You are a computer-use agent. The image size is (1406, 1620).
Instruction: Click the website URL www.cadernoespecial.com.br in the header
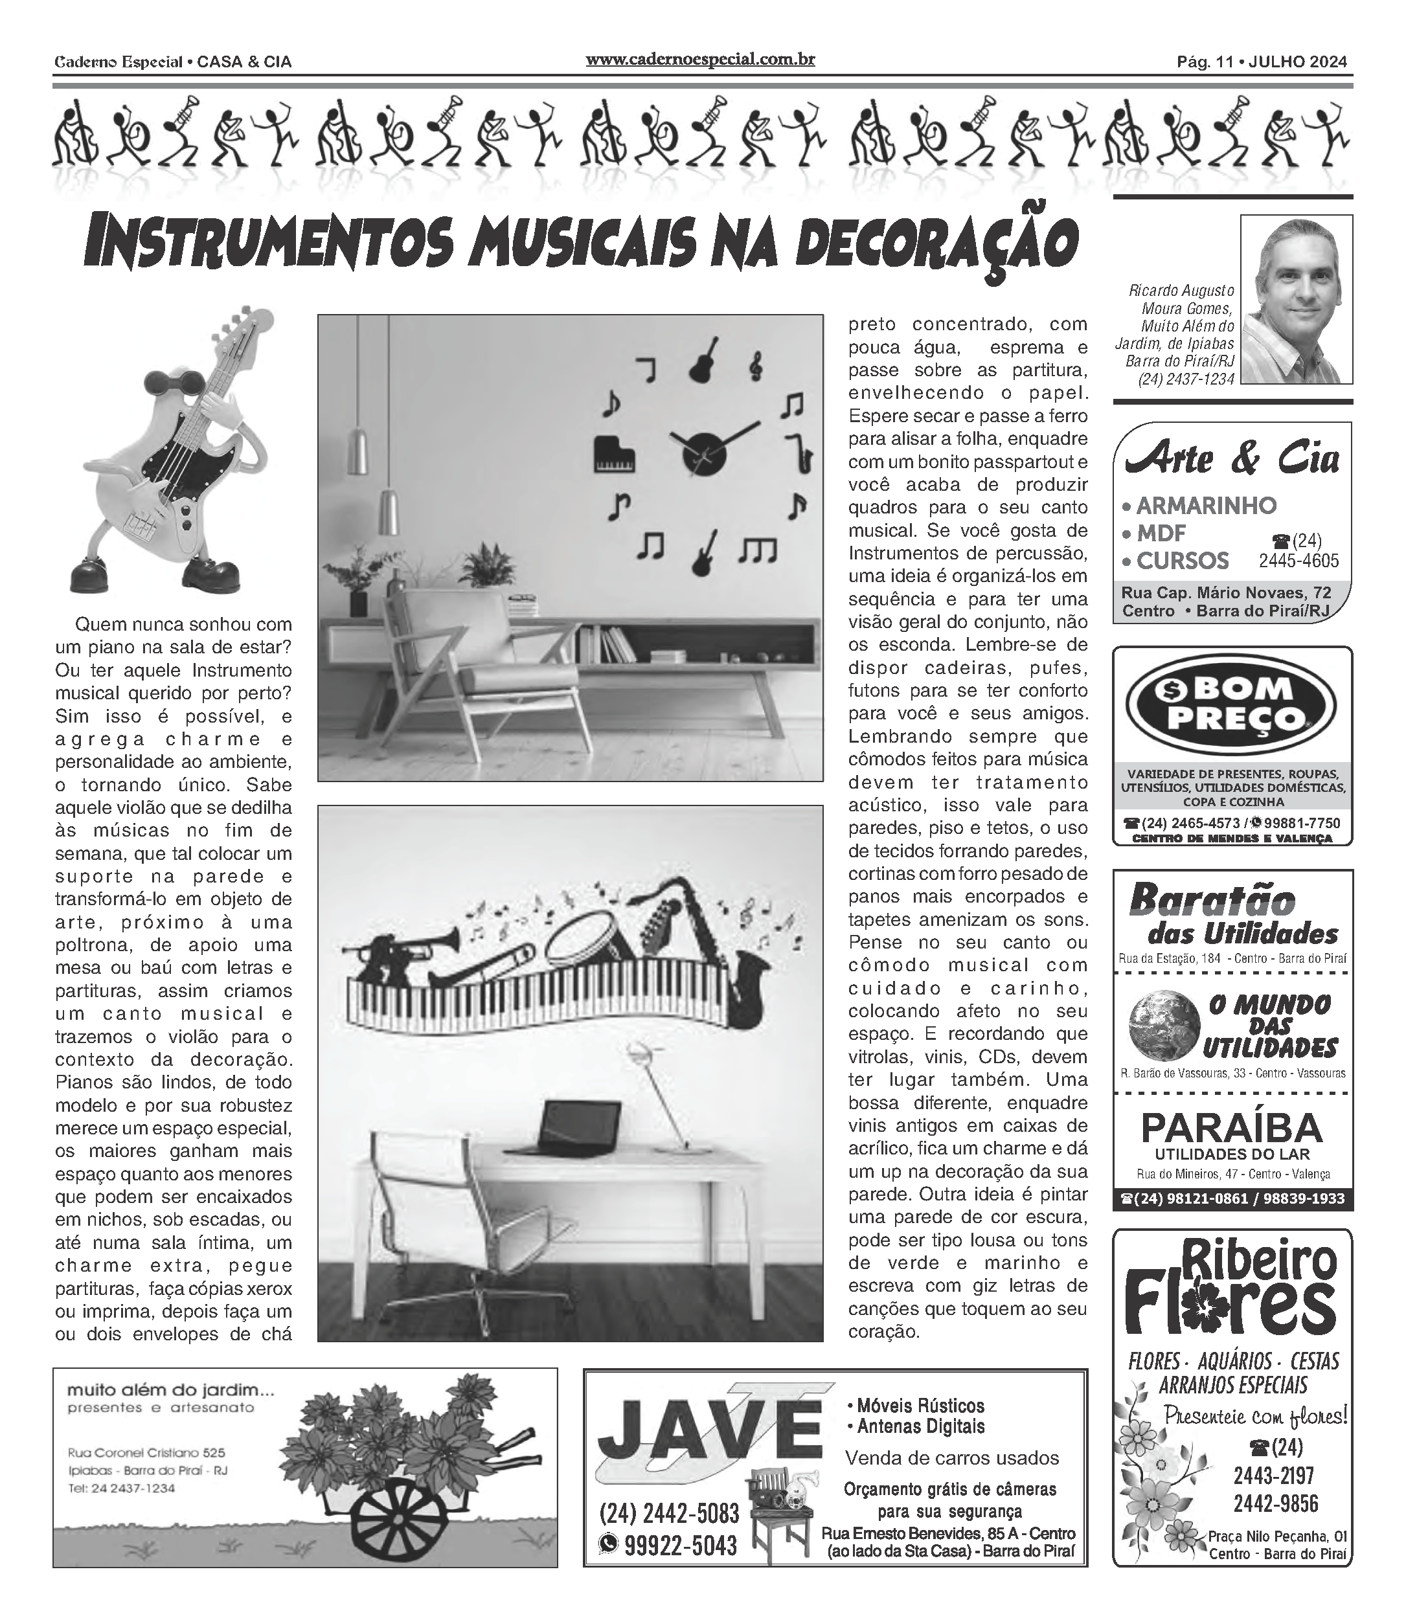700,60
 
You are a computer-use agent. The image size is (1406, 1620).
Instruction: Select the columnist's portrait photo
1295,300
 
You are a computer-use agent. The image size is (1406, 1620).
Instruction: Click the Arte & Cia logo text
1232,458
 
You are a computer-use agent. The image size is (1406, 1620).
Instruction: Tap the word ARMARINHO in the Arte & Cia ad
1206,506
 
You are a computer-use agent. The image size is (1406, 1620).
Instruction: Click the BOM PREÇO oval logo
1231,703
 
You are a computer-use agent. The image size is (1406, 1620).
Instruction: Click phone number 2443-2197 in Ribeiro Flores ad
1273,1476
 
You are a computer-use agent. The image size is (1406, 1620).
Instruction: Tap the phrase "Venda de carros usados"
952,1458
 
